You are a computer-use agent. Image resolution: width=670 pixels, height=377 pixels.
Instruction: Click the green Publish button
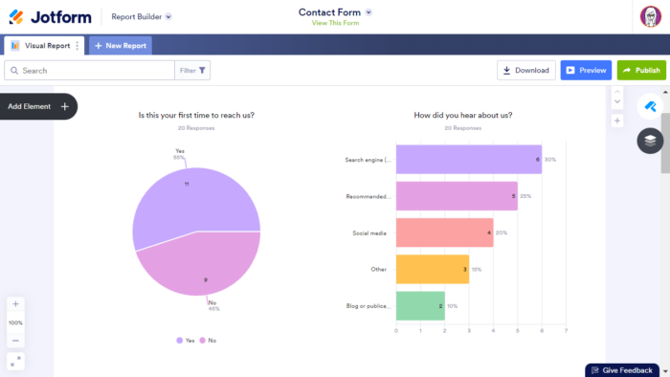point(640,70)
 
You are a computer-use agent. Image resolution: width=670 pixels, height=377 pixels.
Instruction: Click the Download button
point(525,70)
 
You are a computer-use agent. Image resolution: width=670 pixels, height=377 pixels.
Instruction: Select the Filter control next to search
point(192,70)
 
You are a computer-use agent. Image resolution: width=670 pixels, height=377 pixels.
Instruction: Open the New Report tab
point(121,45)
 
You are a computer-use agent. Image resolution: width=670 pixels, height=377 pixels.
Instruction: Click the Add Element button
point(38,106)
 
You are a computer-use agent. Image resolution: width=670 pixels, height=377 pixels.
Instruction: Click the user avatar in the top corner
point(651,16)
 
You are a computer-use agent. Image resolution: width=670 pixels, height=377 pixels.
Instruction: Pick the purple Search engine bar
point(468,159)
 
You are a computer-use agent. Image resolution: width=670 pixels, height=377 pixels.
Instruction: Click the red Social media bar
point(444,233)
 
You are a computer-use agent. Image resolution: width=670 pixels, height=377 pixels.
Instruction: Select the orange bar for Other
point(432,269)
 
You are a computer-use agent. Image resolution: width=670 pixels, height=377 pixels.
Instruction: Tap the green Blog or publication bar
point(420,305)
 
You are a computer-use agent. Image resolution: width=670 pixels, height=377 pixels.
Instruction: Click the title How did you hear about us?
point(462,115)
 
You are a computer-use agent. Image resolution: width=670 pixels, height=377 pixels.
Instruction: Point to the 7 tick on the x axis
point(566,331)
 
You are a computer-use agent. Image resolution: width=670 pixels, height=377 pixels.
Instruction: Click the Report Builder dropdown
point(142,16)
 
